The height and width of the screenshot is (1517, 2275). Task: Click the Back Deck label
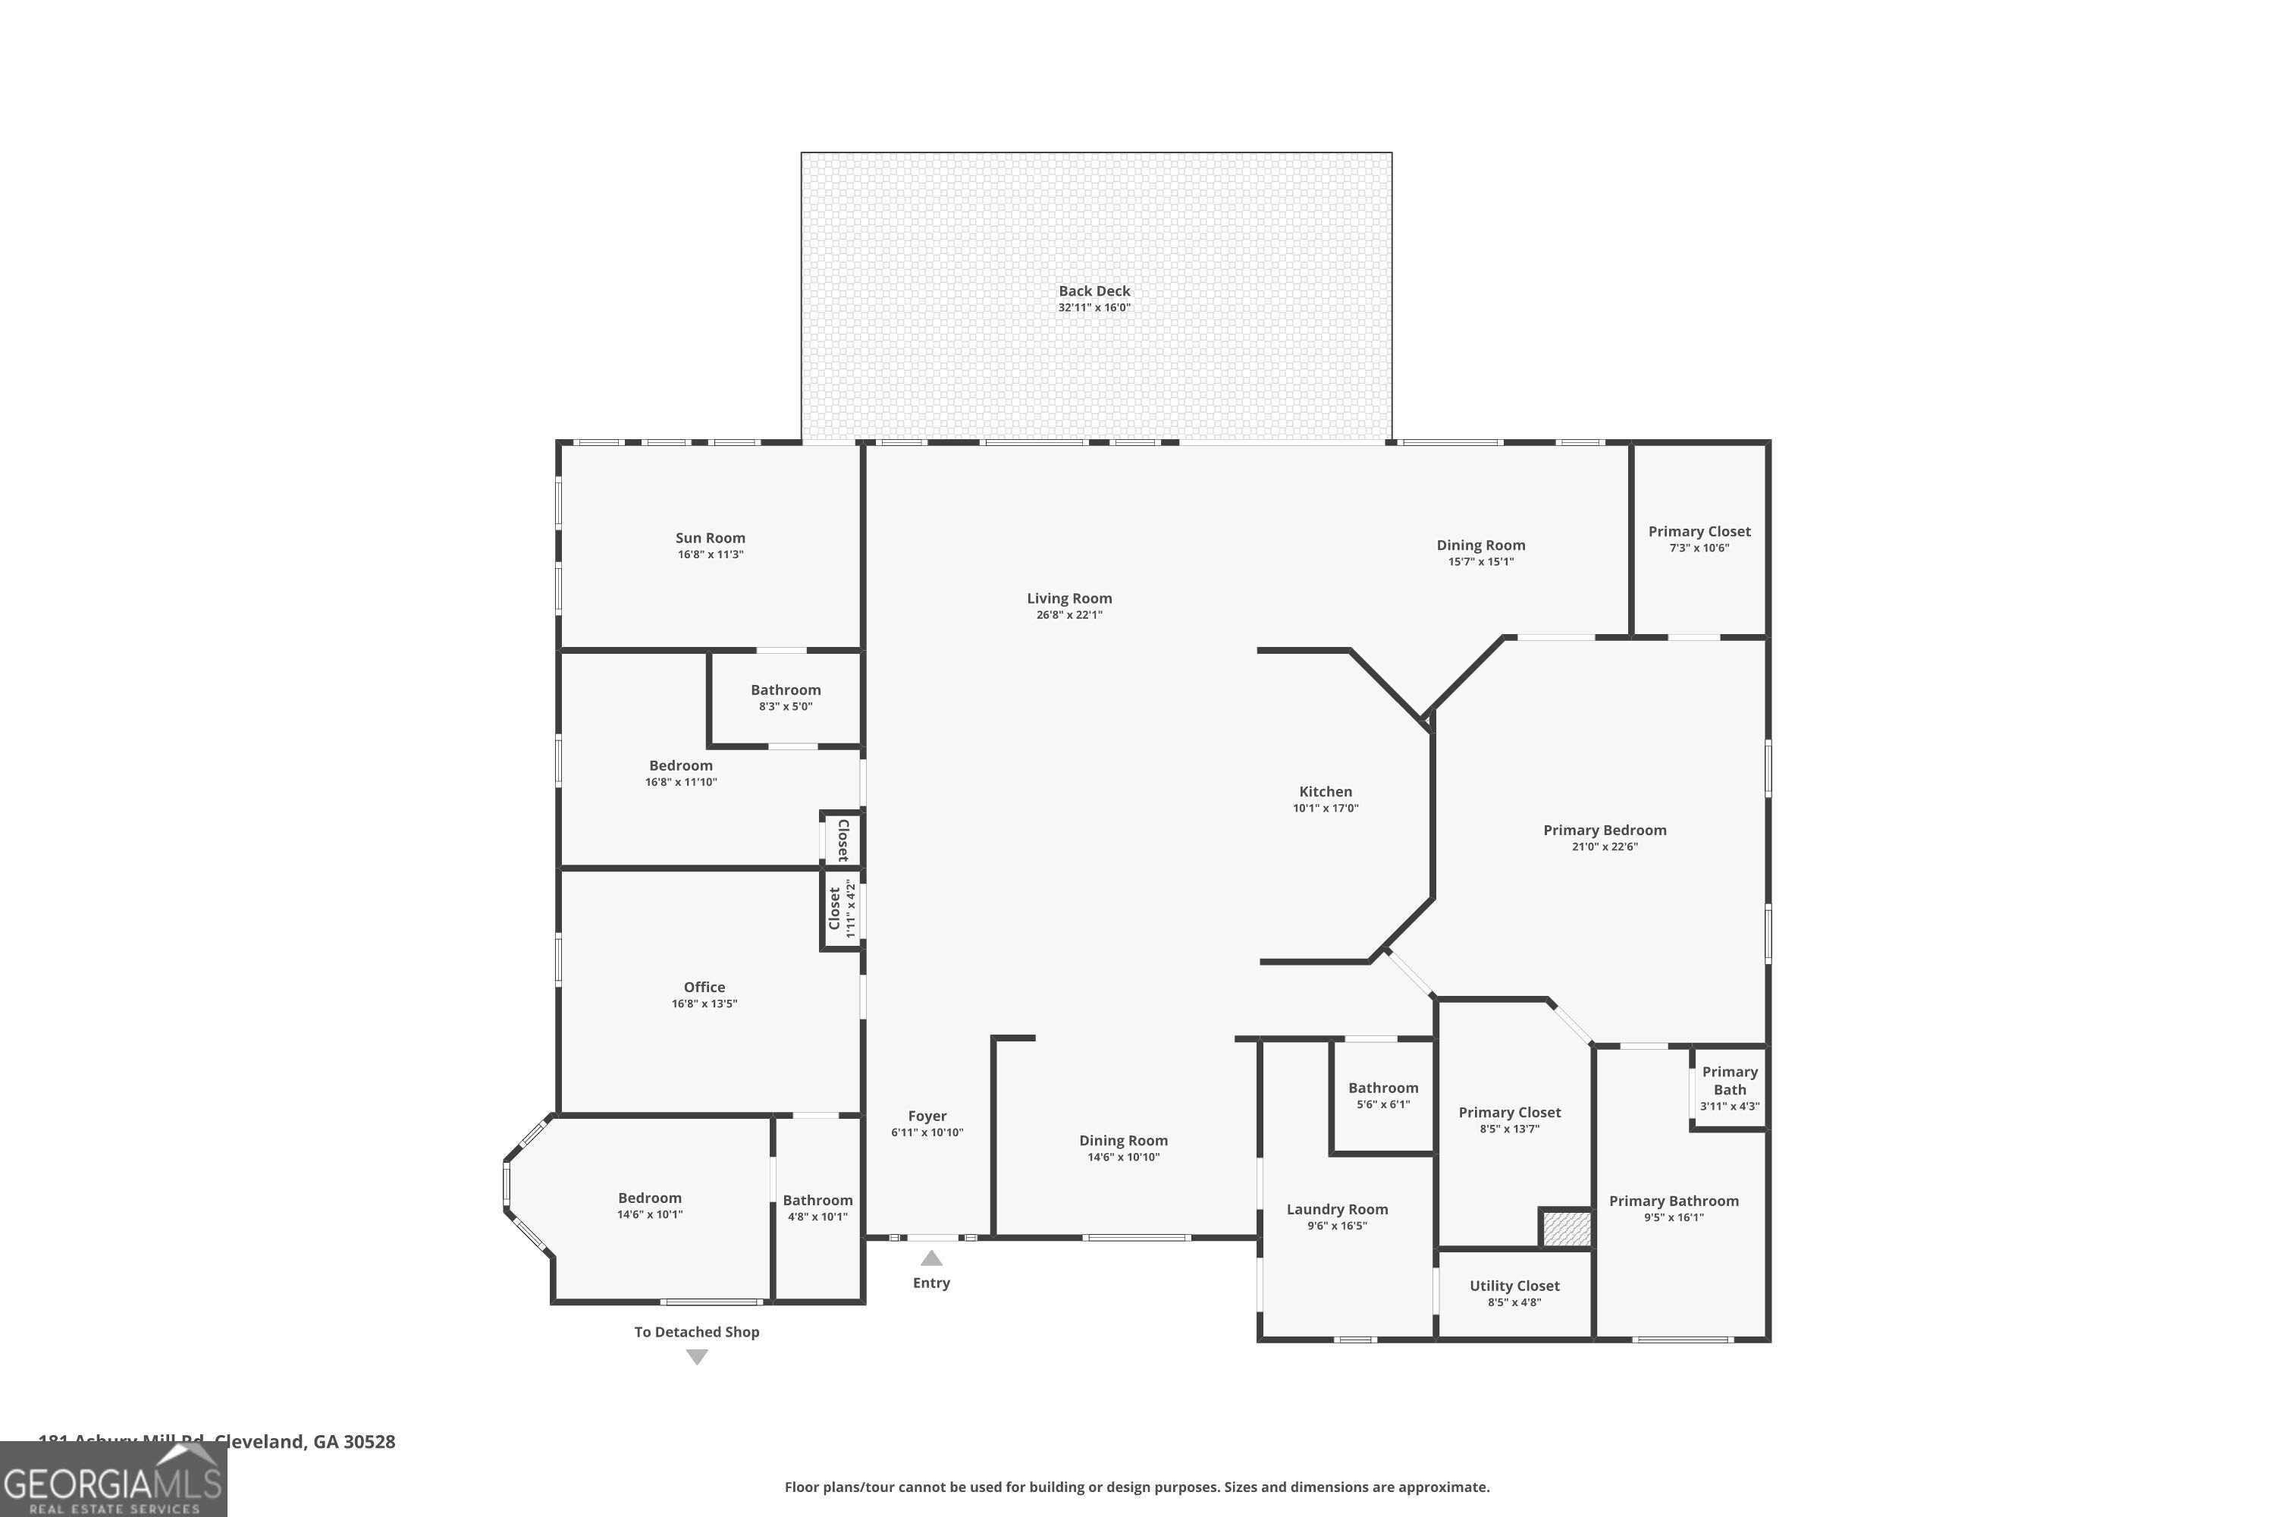1094,291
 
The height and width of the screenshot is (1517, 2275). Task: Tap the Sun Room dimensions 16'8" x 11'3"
710,555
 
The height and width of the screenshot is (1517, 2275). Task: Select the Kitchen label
1325,791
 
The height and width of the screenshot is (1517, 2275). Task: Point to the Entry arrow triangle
930,1258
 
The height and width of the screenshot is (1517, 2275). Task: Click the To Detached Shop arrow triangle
696,1358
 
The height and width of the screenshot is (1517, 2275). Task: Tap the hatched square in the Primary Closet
1566,1229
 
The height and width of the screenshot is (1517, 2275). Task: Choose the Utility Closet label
1514,1286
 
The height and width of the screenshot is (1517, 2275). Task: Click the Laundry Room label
1337,1209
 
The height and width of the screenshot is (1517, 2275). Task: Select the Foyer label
927,1116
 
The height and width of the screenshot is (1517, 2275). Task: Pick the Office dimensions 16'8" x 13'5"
704,1004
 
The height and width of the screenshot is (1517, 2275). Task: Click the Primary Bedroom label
1604,830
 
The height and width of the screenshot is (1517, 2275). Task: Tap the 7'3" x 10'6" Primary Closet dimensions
1699,548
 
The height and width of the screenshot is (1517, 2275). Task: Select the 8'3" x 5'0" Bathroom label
786,689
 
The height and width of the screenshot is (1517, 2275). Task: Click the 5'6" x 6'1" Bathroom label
1383,1088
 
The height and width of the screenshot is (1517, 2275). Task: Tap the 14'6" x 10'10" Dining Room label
1123,1141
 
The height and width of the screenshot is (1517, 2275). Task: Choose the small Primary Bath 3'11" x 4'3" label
1730,1081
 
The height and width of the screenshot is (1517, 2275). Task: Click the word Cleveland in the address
259,1442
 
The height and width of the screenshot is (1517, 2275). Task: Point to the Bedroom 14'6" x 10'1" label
650,1198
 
